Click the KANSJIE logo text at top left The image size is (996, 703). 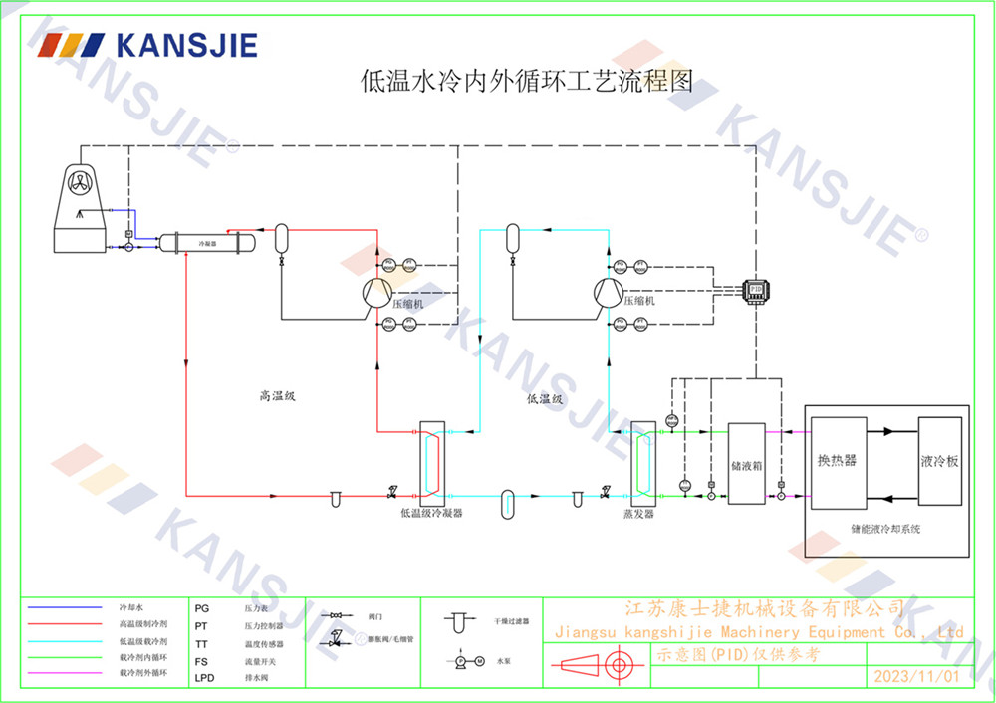(186, 45)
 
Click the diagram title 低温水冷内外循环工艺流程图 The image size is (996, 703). (526, 81)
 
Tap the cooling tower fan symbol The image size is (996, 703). (83, 180)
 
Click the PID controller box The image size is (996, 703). (755, 288)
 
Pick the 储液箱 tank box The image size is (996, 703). (746, 463)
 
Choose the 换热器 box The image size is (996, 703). (838, 461)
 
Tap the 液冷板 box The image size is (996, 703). (939, 461)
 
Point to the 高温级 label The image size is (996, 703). (278, 396)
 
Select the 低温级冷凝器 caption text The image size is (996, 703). (431, 513)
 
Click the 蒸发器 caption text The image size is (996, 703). (638, 514)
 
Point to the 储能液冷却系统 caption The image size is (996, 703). (885, 529)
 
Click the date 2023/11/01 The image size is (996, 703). (915, 676)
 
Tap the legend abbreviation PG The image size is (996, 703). (202, 606)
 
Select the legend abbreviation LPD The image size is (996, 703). (203, 677)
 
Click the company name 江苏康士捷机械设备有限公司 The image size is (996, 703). (763, 608)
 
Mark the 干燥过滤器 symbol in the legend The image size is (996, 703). (459, 622)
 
